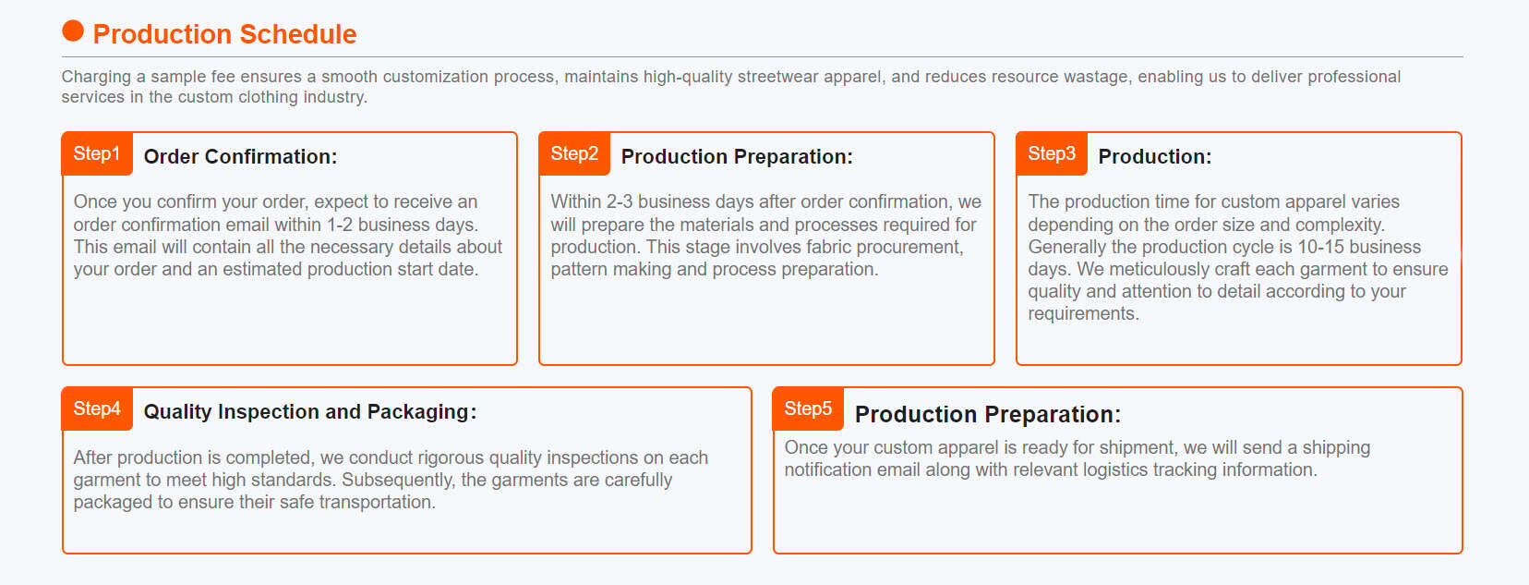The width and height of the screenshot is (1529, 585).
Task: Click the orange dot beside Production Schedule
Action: (x=73, y=31)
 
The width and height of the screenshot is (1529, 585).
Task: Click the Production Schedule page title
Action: (x=224, y=34)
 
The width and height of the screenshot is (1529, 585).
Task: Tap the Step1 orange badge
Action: (x=97, y=154)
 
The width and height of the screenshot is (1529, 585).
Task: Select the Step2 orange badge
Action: (x=574, y=154)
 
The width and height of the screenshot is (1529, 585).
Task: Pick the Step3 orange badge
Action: (x=1052, y=154)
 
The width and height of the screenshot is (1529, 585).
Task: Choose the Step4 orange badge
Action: (x=97, y=409)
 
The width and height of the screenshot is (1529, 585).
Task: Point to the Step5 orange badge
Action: (x=808, y=409)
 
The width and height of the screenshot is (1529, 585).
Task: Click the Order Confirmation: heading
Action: (x=240, y=157)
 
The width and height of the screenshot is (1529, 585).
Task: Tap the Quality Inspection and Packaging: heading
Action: (x=310, y=412)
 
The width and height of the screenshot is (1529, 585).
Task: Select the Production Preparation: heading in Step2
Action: (x=737, y=157)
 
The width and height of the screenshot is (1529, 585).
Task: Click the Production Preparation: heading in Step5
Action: (x=987, y=414)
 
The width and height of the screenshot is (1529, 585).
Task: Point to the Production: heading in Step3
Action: (x=1154, y=157)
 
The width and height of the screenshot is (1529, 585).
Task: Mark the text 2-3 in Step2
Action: (x=619, y=201)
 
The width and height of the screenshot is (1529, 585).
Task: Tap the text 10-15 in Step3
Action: (x=1320, y=247)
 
